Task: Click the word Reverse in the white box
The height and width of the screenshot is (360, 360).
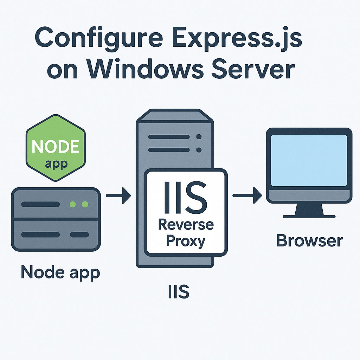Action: (186, 224)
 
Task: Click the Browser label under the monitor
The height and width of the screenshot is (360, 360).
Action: (309, 241)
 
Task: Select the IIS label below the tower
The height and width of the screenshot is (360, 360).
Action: (179, 291)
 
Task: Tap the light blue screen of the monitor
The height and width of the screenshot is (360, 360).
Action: (309, 160)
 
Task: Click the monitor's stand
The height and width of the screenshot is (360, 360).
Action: (309, 210)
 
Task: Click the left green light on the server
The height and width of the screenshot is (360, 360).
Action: (73, 204)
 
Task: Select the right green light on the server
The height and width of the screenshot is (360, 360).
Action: (84, 204)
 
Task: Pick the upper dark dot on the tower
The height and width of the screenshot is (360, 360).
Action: (199, 137)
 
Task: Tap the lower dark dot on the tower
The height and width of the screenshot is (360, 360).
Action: (199, 150)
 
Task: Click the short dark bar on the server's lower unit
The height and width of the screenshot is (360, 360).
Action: (80, 234)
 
